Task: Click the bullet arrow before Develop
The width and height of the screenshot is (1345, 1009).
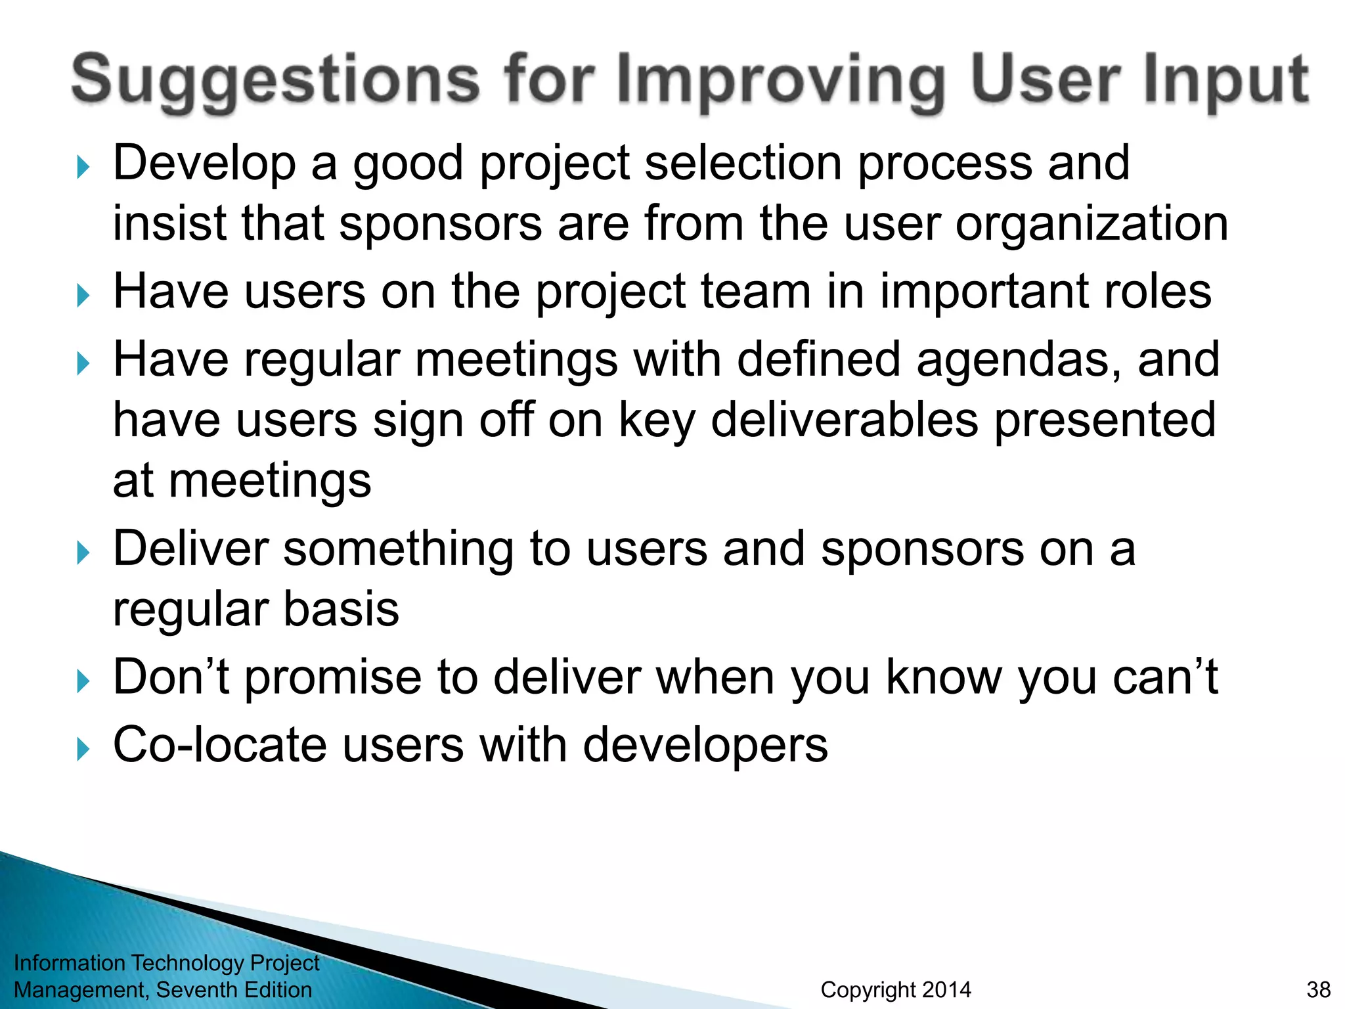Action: pos(83,168)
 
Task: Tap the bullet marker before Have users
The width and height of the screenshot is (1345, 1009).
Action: pos(83,296)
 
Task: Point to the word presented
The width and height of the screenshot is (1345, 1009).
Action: pos(1105,420)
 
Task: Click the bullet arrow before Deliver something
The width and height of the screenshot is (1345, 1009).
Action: pos(83,553)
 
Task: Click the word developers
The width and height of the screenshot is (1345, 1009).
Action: pos(705,746)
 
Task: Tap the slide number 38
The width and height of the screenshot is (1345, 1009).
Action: pos(1318,989)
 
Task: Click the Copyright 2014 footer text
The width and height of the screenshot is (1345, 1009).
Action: pos(896,989)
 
